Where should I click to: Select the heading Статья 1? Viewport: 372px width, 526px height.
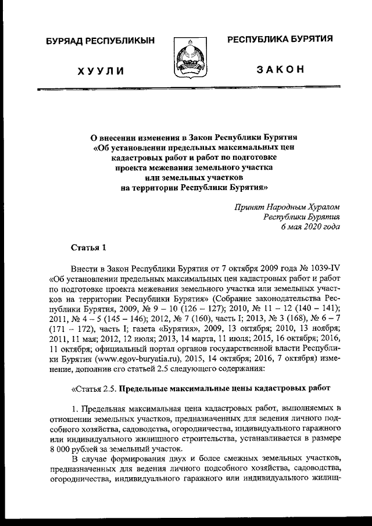[x=89, y=249]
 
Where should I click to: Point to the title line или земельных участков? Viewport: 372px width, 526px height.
[x=195, y=177]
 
